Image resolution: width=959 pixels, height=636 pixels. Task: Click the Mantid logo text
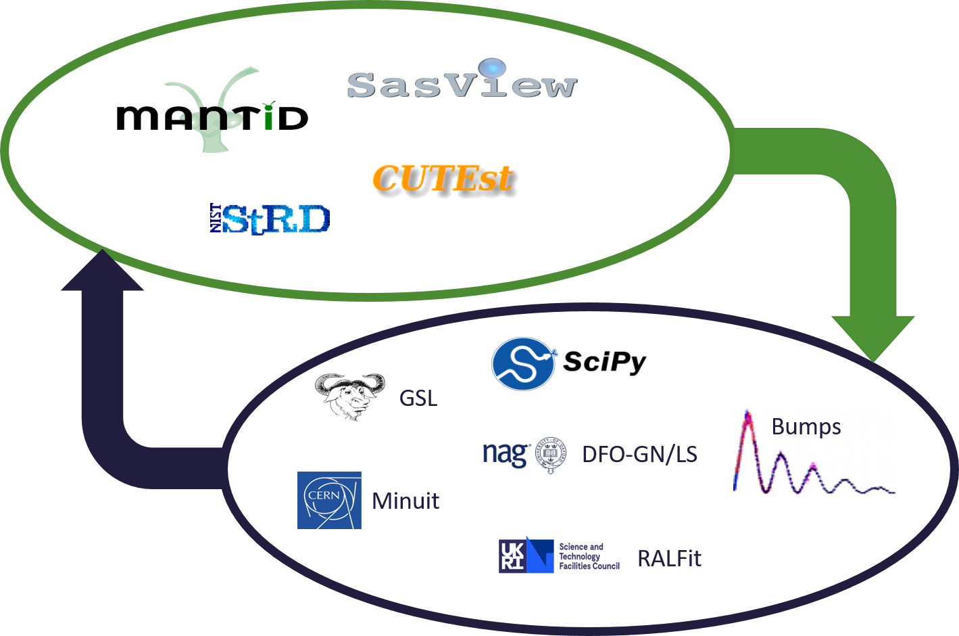tap(212, 118)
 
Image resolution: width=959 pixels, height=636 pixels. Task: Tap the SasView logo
tap(462, 85)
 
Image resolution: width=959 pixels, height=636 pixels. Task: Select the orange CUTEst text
tap(443, 179)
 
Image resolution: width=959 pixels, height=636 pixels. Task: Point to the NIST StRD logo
tap(270, 219)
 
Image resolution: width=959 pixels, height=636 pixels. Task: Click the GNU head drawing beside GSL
tap(349, 396)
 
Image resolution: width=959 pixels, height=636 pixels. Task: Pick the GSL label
tap(418, 398)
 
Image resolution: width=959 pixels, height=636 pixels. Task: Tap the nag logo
tap(506, 454)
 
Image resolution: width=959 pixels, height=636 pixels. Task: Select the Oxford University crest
tap(552, 455)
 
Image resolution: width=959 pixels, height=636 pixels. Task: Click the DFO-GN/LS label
tap(639, 454)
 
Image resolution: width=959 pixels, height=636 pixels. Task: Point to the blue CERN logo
tap(329, 500)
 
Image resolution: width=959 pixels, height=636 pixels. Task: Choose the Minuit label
tap(405, 501)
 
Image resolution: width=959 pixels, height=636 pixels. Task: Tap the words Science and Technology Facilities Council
tap(589, 556)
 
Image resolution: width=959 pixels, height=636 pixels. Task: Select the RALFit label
tap(669, 558)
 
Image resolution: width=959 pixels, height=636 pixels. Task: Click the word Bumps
tap(806, 426)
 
